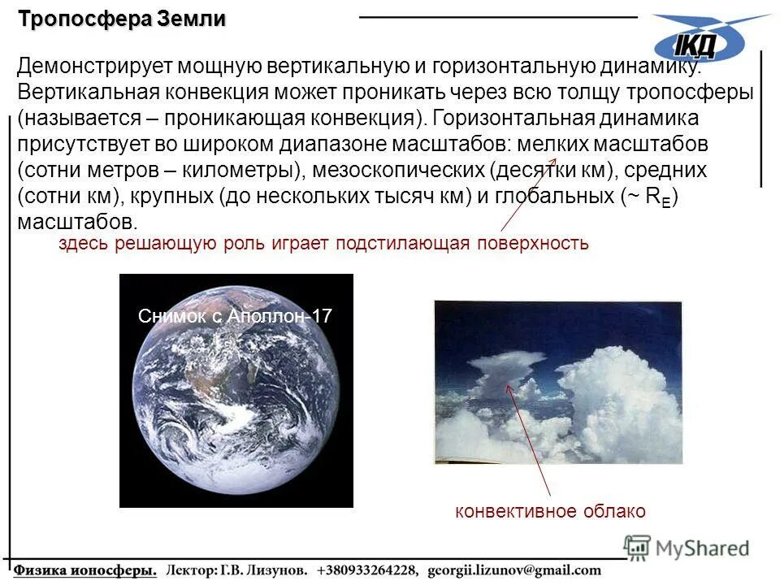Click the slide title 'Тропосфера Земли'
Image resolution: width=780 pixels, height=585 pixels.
click(x=122, y=19)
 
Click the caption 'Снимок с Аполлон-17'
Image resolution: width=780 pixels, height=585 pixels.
click(x=235, y=317)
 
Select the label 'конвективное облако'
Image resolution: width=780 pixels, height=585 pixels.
click(x=550, y=511)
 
